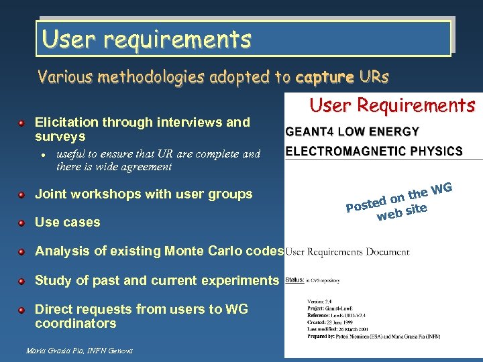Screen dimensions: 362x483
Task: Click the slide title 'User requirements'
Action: pyautogui.click(x=146, y=39)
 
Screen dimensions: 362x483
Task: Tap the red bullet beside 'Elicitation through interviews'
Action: pyautogui.click(x=22, y=123)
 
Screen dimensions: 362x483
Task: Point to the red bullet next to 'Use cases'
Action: pyautogui.click(x=22, y=222)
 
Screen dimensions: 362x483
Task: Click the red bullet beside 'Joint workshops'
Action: pyautogui.click(x=22, y=194)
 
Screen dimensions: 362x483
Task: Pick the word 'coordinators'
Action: pyautogui.click(x=76, y=323)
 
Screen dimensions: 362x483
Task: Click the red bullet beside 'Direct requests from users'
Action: pyautogui.click(x=22, y=310)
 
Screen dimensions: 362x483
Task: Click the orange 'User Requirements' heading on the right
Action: pyautogui.click(x=392, y=105)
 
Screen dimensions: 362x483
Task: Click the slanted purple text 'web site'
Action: pyautogui.click(x=402, y=213)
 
